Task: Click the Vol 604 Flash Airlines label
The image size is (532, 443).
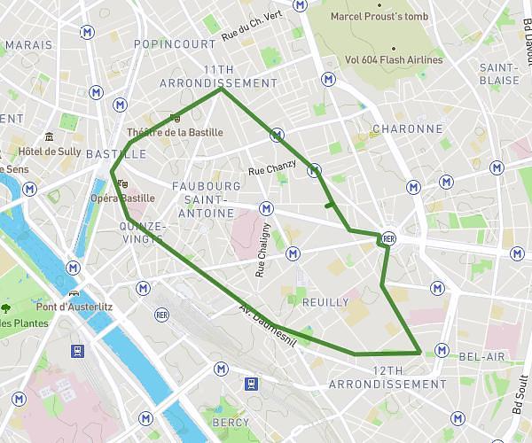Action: coord(394,60)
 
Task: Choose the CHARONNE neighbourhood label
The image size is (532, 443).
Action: coord(407,128)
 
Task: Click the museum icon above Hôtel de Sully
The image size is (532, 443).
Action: coord(49,136)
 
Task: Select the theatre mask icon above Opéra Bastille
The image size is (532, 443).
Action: coord(120,183)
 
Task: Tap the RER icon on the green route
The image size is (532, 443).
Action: coord(388,239)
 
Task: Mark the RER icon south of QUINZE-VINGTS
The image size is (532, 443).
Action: coord(161,315)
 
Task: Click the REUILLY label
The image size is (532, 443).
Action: coord(325,302)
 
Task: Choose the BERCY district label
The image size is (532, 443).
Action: coord(231,423)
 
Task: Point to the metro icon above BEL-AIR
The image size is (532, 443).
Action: coord(442,347)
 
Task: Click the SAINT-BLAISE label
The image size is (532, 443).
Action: coord(498,74)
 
